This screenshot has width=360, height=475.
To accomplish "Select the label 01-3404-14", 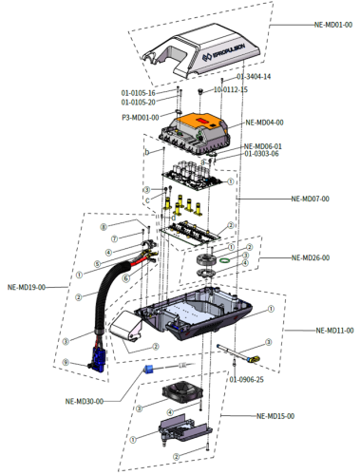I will click(x=254, y=76).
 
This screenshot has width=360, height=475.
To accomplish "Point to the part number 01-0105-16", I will click(x=138, y=93).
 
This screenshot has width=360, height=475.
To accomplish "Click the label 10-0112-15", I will click(x=230, y=89).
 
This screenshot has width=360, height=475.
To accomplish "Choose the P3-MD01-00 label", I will click(x=140, y=118).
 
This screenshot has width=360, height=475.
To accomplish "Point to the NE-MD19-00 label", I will click(x=26, y=286).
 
